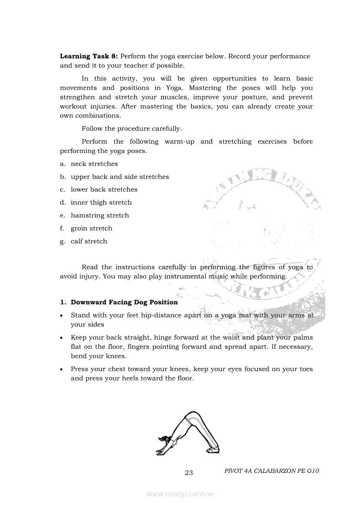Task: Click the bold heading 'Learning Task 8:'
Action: click(x=89, y=56)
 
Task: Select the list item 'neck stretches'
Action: click(x=94, y=164)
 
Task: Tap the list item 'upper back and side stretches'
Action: click(x=119, y=177)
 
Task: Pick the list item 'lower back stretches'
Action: click(x=104, y=189)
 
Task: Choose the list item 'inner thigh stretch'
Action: click(x=101, y=202)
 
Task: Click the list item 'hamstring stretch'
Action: click(x=100, y=215)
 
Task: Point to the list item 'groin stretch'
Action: click(x=92, y=228)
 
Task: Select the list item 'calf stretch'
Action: click(x=89, y=241)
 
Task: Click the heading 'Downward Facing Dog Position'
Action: click(x=124, y=302)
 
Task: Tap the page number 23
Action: click(x=189, y=473)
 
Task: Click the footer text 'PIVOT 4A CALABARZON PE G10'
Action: click(x=272, y=471)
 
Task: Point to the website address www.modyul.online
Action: click(x=180, y=494)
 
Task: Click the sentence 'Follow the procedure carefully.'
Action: click(x=132, y=128)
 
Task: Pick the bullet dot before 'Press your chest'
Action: click(x=62, y=370)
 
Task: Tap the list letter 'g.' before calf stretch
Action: click(x=63, y=241)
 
